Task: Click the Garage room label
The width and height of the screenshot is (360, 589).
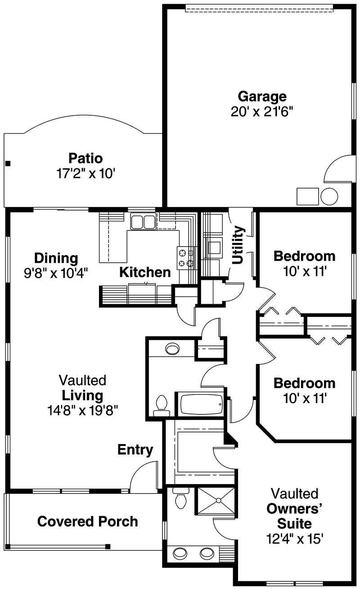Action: click(x=262, y=96)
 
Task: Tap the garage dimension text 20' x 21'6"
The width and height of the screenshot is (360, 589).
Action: click(x=262, y=112)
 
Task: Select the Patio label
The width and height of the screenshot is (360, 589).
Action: click(x=85, y=158)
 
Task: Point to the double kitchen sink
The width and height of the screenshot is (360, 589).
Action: click(x=143, y=222)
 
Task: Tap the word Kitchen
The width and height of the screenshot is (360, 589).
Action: click(x=145, y=272)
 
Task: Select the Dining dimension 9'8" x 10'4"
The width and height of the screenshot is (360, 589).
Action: click(x=56, y=273)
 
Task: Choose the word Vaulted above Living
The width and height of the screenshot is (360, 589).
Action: click(x=83, y=380)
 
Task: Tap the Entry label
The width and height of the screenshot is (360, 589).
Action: click(x=135, y=450)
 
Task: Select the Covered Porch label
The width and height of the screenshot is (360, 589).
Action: click(x=87, y=522)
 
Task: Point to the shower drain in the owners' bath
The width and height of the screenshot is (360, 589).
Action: click(x=218, y=500)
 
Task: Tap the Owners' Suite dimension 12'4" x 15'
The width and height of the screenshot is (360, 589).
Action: click(x=295, y=539)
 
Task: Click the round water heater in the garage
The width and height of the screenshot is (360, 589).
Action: click(x=329, y=196)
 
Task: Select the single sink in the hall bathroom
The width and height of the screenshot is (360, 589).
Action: click(x=172, y=348)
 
